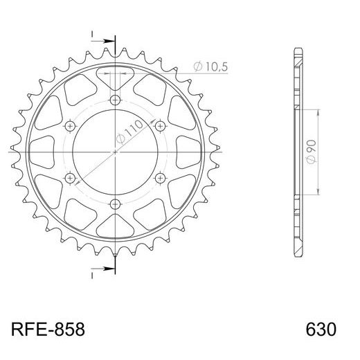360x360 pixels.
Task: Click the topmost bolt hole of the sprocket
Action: [114, 99]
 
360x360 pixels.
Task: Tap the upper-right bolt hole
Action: [160, 125]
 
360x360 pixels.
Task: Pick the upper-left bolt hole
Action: [69, 125]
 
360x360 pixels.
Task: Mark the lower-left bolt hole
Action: [69, 178]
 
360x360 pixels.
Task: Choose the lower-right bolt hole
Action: [160, 178]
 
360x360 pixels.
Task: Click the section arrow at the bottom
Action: [105, 263]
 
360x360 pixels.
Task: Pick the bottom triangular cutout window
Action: [114, 228]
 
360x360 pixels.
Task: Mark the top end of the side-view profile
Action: [298, 50]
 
